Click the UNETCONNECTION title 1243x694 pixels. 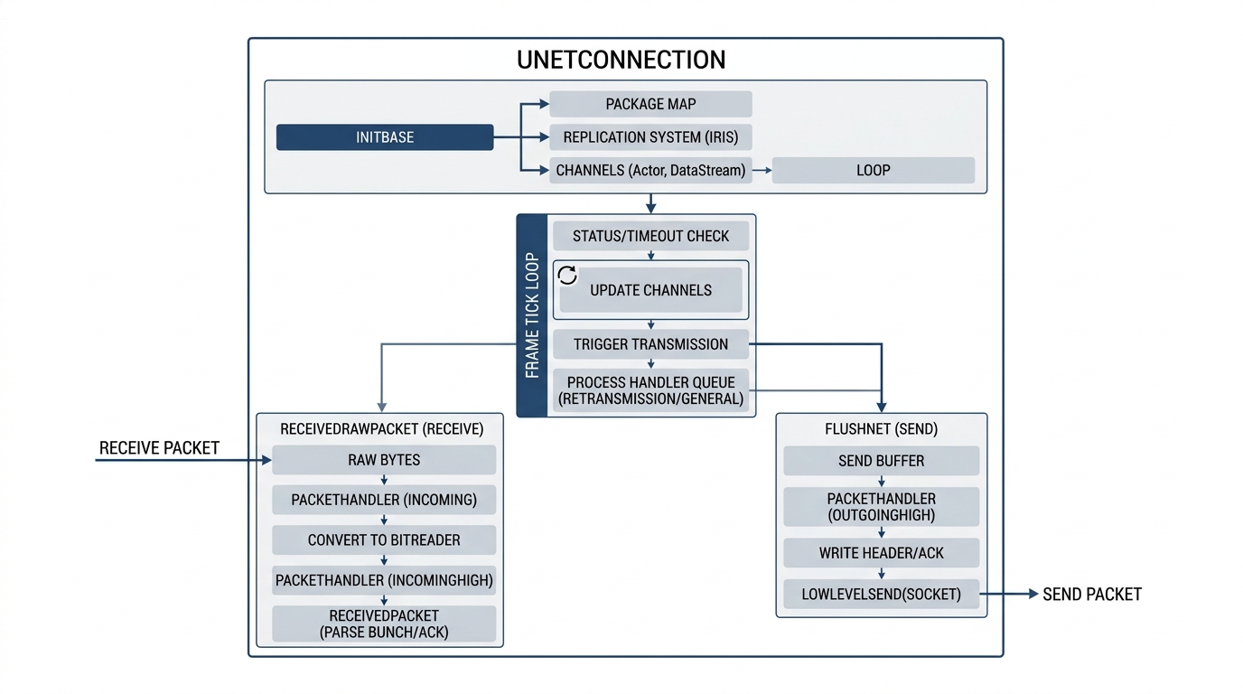(621, 60)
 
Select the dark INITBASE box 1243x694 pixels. (385, 137)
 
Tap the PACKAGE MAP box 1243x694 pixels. (650, 105)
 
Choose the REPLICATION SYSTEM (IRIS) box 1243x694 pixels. (650, 137)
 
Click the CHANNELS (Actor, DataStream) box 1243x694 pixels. (650, 171)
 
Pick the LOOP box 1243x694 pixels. (873, 171)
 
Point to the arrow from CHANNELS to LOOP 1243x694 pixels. (762, 171)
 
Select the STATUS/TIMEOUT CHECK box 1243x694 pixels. (650, 236)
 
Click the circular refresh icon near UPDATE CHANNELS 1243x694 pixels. (567, 276)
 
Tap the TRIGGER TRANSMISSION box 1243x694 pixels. (650, 344)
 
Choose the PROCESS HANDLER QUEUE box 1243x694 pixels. (650, 391)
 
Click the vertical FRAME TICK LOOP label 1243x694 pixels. (532, 315)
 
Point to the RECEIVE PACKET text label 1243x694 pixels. (159, 448)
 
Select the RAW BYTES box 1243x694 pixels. (384, 460)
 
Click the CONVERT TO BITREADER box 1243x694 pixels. (384, 540)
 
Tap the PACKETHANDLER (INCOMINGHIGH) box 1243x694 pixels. (384, 580)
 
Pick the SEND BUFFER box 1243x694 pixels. (881, 461)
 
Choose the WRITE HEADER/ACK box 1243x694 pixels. (881, 553)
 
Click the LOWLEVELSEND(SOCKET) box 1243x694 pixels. (881, 594)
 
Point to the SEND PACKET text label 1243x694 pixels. (1092, 595)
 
